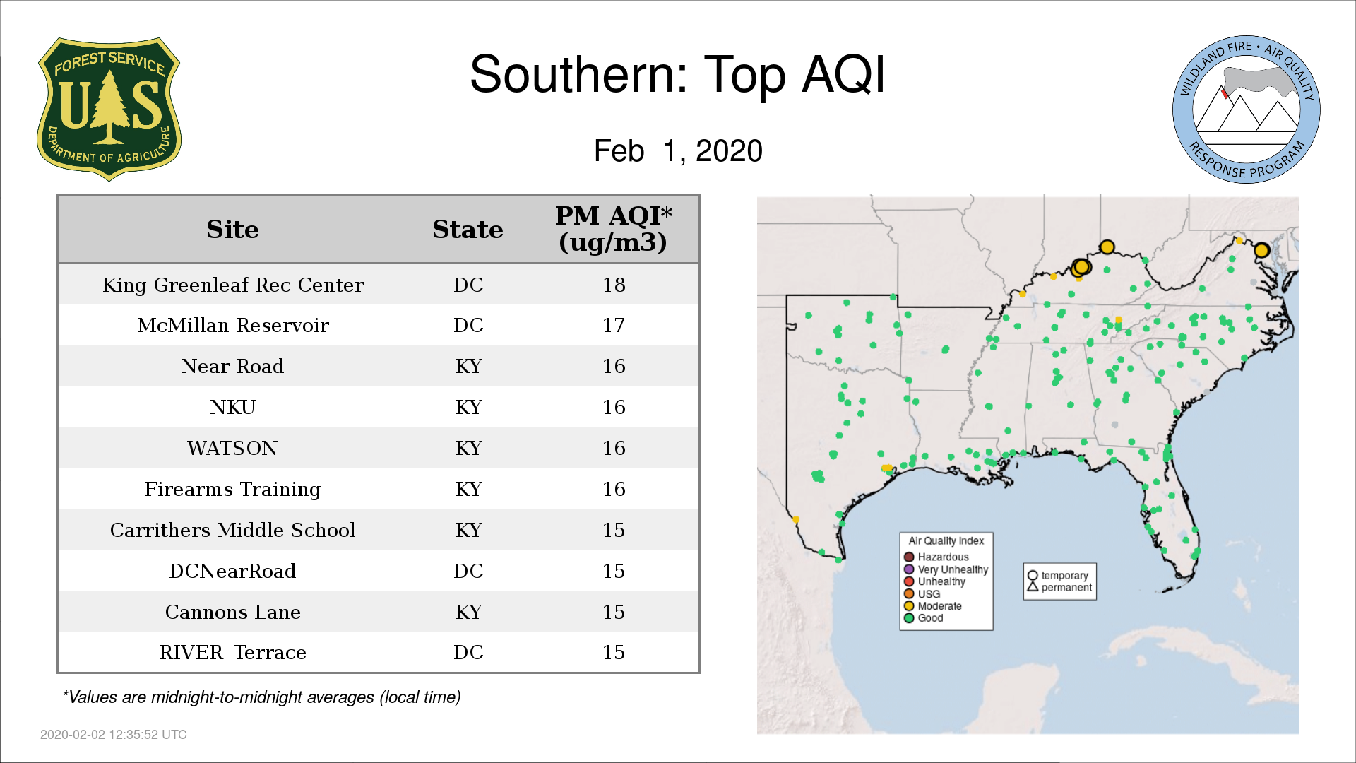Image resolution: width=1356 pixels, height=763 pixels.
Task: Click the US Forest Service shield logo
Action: [x=109, y=109]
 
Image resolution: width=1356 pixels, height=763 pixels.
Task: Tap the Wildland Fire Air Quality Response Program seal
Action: [x=1247, y=110]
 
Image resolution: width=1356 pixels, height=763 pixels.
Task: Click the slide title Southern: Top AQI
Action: [x=677, y=74]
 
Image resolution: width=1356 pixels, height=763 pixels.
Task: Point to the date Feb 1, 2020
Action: [x=678, y=150]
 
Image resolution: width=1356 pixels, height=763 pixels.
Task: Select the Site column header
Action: [x=232, y=230]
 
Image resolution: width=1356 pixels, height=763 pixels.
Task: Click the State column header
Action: [x=468, y=230]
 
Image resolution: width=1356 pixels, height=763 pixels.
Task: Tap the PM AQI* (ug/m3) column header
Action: [x=613, y=229]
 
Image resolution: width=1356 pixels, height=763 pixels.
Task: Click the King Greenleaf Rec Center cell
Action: [x=233, y=285]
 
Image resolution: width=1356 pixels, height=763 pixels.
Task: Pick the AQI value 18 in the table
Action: [x=614, y=285]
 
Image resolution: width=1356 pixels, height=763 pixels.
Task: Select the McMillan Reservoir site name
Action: [x=233, y=325]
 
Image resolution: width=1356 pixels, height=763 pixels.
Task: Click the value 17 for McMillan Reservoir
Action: [x=614, y=325]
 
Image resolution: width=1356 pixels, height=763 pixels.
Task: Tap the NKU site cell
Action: [x=233, y=407]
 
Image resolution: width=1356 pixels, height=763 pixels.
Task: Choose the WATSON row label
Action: [x=232, y=448]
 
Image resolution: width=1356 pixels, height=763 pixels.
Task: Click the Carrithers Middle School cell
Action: [x=232, y=530]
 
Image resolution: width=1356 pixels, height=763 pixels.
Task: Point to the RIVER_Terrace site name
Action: [x=233, y=653]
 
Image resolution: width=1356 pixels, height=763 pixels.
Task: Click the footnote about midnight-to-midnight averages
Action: [x=261, y=697]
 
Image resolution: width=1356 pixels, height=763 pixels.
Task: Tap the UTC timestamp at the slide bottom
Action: [x=114, y=735]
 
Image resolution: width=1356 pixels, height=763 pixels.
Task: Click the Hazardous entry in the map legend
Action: [x=936, y=557]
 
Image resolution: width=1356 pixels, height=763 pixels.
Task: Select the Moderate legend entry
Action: [x=933, y=606]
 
